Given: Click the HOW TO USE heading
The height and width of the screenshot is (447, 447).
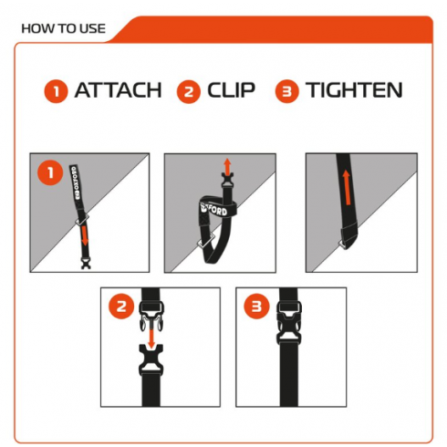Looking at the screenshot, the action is pos(63,28).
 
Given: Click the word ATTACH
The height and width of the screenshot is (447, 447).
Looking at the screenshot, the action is pos(118,90).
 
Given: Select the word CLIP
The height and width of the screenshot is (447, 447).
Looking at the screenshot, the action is pos(231,90).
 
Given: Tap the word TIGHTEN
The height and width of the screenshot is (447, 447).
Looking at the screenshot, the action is pos(354,90).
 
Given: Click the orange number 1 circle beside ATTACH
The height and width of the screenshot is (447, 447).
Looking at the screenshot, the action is pos(56,91).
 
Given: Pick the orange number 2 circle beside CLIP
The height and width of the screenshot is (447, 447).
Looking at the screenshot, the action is pos(189,91).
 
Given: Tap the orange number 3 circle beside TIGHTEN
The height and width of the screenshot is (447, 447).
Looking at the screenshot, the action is pos(287,91).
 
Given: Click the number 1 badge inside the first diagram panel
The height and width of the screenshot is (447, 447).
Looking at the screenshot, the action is pos(50,172).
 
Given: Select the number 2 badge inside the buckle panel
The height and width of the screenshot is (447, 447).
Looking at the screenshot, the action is pos(121,306).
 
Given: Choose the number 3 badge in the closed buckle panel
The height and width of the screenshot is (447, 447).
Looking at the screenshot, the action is pos(257,306).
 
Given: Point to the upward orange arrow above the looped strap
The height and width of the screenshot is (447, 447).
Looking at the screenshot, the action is pos(227,166).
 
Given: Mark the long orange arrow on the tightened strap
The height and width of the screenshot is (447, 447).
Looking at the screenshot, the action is pos(347,187).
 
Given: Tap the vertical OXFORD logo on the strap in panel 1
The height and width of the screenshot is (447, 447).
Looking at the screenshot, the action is pos(76,182).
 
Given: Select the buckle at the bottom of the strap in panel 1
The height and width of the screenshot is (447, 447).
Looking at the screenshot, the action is pos(86,263).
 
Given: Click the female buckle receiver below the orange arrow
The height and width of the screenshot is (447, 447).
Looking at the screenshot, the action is pos(151,360).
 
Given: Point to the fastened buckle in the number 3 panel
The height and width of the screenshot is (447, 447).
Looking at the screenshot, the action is pos(289,323).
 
